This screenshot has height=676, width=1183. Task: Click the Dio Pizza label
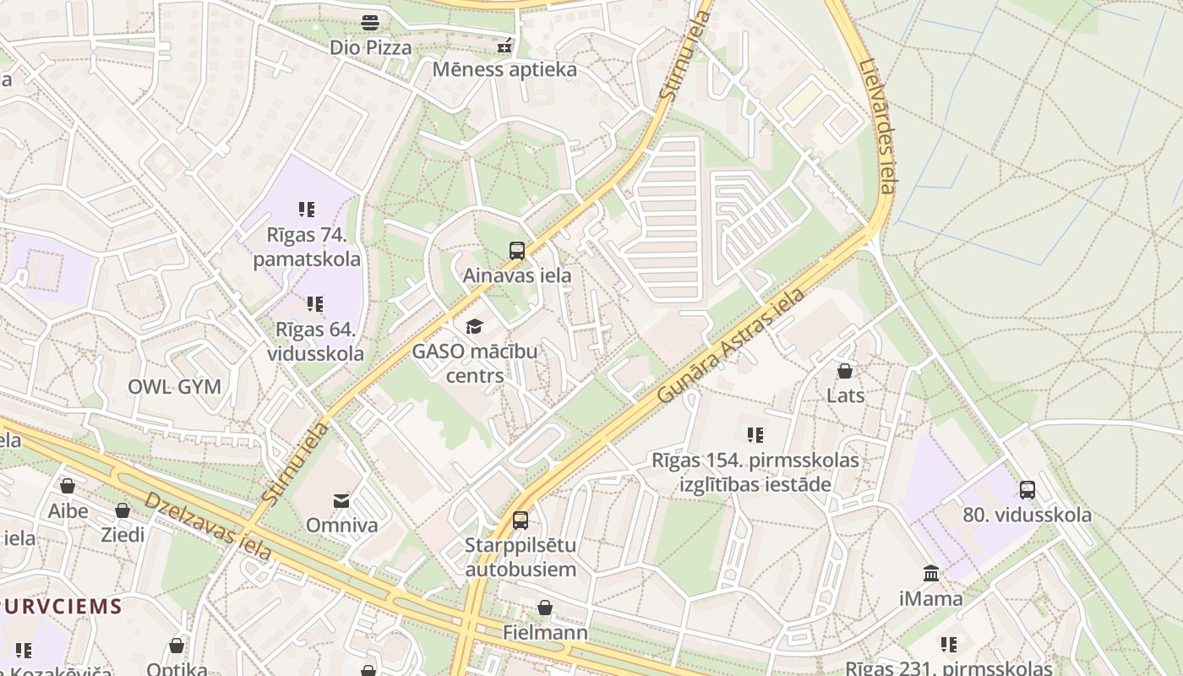pyautogui.click(x=371, y=47)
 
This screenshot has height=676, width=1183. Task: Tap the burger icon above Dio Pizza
pyautogui.click(x=370, y=23)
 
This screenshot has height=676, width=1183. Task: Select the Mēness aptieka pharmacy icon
pyautogui.click(x=504, y=46)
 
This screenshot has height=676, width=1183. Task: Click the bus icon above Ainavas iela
pyautogui.click(x=516, y=251)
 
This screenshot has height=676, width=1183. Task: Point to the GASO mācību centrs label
pyautogui.click(x=475, y=363)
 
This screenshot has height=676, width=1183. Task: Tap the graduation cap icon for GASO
pyautogui.click(x=474, y=327)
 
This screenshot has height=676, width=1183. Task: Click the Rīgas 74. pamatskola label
pyautogui.click(x=307, y=246)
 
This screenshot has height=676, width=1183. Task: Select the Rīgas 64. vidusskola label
pyautogui.click(x=315, y=341)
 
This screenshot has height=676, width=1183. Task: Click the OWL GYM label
pyautogui.click(x=174, y=387)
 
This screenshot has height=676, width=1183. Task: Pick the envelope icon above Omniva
pyautogui.click(x=341, y=501)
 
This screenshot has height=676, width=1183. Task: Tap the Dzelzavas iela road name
pyautogui.click(x=208, y=525)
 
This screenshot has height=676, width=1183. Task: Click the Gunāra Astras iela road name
pyautogui.click(x=730, y=346)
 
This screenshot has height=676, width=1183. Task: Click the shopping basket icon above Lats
pyautogui.click(x=844, y=371)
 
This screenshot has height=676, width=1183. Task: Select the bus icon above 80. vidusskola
pyautogui.click(x=1027, y=489)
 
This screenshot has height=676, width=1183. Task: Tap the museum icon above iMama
pyautogui.click(x=931, y=574)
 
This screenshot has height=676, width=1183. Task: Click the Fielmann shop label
pyautogui.click(x=545, y=632)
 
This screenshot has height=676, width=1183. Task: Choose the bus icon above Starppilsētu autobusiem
pyautogui.click(x=521, y=521)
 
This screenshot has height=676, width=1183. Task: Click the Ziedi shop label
pyautogui.click(x=123, y=534)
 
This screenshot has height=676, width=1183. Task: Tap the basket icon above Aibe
pyautogui.click(x=68, y=486)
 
